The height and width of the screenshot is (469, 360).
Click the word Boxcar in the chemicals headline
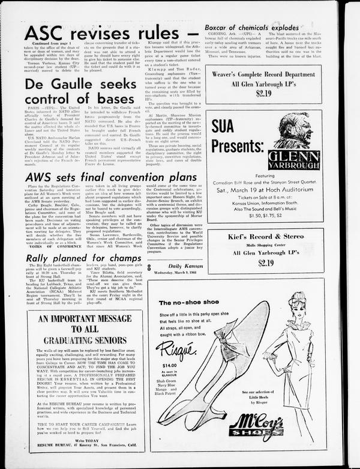tap(222, 28)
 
